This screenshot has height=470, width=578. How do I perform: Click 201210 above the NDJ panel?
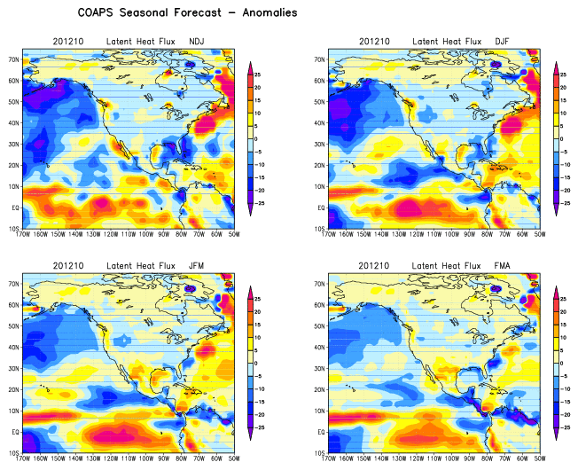(69, 42)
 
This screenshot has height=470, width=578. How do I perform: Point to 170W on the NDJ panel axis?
(26, 236)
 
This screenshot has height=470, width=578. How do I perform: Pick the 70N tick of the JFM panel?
(13, 284)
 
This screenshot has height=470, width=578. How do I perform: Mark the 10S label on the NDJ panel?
(13, 229)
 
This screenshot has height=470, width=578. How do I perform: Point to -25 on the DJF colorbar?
(567, 203)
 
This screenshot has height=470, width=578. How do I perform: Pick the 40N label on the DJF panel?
(318, 123)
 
